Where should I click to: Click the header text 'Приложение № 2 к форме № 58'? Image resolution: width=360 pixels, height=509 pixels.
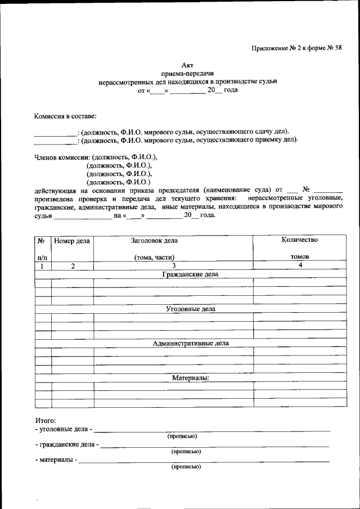(296, 48)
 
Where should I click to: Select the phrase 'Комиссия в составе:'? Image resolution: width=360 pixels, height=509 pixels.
(65, 116)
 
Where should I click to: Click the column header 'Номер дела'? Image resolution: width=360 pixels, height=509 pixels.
(72, 241)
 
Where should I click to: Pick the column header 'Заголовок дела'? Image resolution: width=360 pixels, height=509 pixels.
(154, 241)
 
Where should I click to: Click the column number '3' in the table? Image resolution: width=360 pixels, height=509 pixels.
(174, 266)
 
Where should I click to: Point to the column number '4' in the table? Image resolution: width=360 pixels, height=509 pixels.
(300, 265)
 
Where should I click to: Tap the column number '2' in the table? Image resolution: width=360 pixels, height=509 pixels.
(73, 266)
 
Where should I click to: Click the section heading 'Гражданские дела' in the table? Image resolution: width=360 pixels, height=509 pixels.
(190, 274)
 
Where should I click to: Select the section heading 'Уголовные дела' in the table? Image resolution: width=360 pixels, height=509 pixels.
(190, 309)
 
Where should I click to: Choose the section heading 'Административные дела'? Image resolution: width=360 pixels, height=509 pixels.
(190, 343)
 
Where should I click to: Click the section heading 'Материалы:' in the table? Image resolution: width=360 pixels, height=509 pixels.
(190, 377)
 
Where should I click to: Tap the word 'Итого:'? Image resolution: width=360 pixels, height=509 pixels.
(46, 420)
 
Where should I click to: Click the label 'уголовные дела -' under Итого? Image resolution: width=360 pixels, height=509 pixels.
(63, 429)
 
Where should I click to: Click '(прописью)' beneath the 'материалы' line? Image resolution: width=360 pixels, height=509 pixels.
(186, 467)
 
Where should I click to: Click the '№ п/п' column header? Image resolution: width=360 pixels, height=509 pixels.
(42, 249)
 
